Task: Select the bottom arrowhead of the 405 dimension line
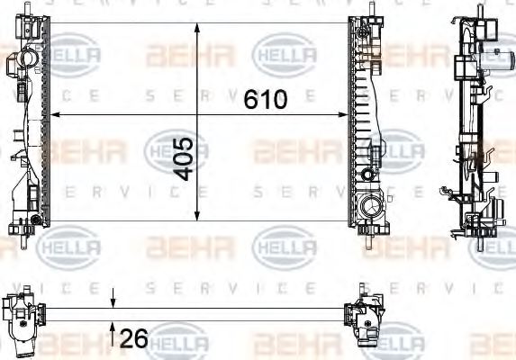coord(197,216)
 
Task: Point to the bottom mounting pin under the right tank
coord(370,238)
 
